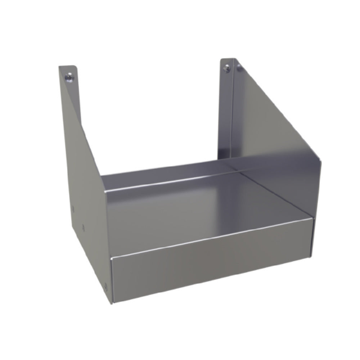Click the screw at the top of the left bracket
pos(69,77)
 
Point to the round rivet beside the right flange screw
pos(238,65)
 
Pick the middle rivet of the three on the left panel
pos(84,227)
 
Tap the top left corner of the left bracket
pos(59,66)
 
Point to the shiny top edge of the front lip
pos(212,238)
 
